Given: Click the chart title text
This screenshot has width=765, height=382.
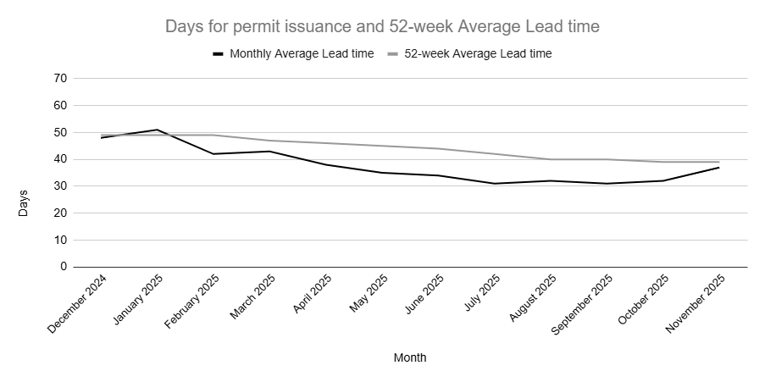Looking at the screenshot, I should tap(382, 27).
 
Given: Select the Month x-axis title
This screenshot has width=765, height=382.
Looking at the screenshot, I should tap(410, 357).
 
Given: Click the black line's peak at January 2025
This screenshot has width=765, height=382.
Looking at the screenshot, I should tap(157, 130).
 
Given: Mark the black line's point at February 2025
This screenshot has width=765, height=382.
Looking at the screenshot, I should tap(213, 154).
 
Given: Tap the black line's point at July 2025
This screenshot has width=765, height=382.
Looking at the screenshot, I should tap(494, 184).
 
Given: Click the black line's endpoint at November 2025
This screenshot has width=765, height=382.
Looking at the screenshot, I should tap(719, 168).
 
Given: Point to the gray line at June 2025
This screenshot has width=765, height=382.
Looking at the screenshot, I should tap(438, 149).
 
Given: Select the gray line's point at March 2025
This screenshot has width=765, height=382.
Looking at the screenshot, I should tap(269, 141).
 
